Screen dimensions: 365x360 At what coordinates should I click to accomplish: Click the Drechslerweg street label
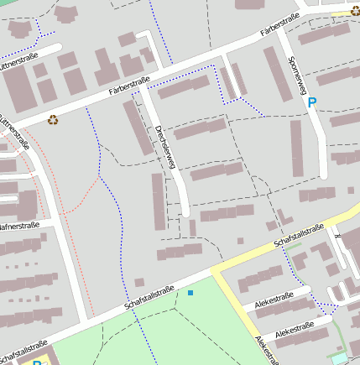coord(164,147)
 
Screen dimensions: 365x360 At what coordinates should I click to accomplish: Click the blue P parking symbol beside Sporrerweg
coord(312,103)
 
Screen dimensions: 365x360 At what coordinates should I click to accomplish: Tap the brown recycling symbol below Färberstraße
coord(53,120)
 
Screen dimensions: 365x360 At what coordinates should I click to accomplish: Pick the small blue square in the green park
coord(190,292)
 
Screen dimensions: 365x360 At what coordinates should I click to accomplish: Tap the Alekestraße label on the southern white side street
coord(295,327)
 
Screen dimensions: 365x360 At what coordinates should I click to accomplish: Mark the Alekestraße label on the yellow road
coord(266,351)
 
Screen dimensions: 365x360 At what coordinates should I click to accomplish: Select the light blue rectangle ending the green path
coord(339,359)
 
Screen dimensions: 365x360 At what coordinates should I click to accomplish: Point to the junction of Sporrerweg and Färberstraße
coord(282,34)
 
